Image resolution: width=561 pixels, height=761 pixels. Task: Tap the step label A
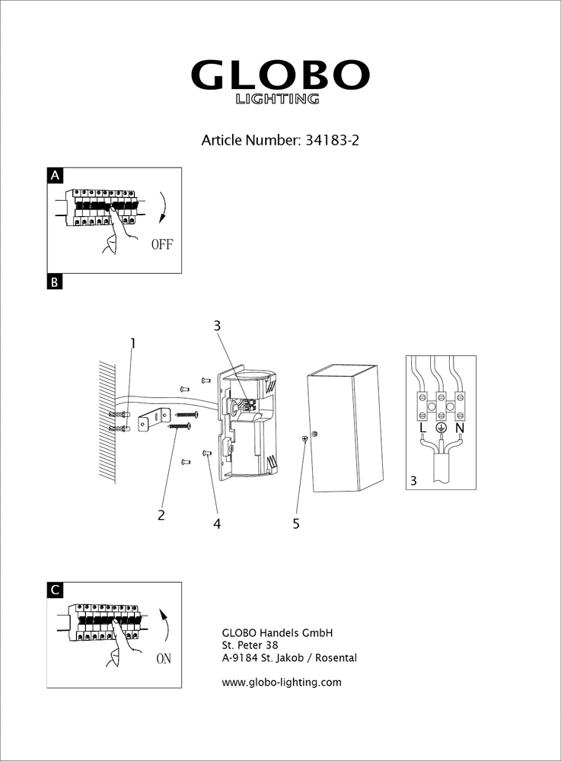click(55, 176)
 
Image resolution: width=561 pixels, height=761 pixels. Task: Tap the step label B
click(55, 282)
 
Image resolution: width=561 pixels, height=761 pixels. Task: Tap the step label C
click(55, 590)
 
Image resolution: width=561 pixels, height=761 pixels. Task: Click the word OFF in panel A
click(162, 245)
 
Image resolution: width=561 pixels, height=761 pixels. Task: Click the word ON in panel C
click(164, 659)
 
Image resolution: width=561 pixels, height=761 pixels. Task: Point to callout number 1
click(132, 343)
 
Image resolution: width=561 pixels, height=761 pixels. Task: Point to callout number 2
click(161, 514)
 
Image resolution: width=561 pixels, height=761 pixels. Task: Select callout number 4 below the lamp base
click(217, 524)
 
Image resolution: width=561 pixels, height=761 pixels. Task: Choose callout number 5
click(296, 524)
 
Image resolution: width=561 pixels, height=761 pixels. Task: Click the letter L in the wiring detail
click(423, 428)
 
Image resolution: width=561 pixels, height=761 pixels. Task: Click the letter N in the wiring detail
click(460, 428)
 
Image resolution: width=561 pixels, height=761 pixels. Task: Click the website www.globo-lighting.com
click(282, 683)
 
